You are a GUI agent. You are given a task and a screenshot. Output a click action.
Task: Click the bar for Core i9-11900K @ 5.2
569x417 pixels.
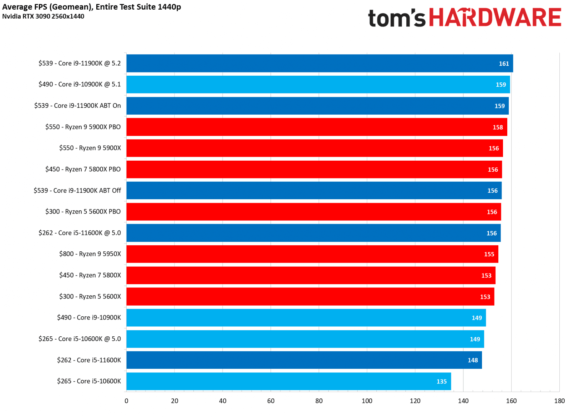319,63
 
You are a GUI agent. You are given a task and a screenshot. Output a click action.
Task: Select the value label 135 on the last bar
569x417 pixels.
441,381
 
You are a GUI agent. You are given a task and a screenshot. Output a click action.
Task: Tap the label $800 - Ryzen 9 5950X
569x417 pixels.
90,254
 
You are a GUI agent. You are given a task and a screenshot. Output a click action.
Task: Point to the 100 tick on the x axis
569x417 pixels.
367,401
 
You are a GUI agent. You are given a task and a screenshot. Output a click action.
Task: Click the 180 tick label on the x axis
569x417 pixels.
559,401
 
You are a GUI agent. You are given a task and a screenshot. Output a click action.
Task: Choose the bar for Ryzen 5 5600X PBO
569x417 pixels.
313,212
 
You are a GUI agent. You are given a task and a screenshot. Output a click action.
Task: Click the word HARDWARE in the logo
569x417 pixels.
495,17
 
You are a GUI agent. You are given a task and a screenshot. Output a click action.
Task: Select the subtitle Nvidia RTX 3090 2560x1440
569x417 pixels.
43,16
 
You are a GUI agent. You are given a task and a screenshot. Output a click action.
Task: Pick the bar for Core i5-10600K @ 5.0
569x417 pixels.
305,339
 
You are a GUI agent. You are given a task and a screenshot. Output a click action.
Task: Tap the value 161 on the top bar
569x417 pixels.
504,64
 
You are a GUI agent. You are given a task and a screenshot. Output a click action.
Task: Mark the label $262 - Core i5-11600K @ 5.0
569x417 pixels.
80,233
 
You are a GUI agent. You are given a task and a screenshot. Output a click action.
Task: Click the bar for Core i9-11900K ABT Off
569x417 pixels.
314,191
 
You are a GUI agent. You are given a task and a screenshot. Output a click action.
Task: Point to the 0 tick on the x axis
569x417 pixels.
126,401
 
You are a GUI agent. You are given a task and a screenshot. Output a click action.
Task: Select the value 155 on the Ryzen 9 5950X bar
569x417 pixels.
489,254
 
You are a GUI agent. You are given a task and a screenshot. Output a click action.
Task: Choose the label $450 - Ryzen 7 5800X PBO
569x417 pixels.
83,169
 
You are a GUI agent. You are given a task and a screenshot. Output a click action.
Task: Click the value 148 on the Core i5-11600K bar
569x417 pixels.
472,360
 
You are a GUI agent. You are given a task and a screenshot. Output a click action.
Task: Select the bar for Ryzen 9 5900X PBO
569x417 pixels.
316,127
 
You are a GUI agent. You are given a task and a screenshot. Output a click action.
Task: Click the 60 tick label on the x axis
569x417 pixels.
271,401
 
